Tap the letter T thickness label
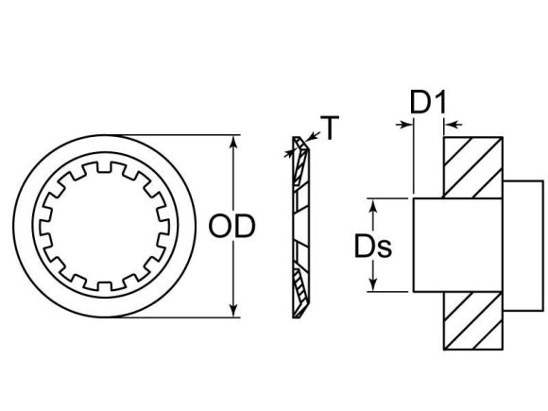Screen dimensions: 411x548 (x=329, y=127)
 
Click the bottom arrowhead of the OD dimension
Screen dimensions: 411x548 (x=233, y=311)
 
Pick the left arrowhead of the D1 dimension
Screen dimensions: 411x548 (x=407, y=123)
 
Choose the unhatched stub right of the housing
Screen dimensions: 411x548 (x=523, y=246)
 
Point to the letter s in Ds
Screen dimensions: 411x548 (x=385, y=248)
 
